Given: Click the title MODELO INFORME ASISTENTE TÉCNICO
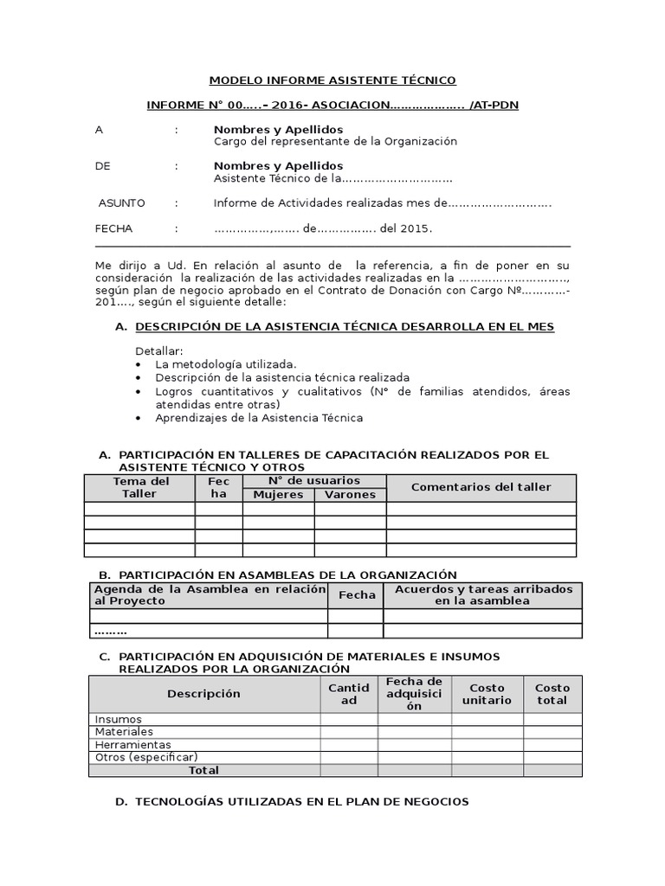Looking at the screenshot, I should [332, 80].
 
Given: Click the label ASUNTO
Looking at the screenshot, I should [121, 203].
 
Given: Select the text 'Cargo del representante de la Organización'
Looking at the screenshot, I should [335, 142].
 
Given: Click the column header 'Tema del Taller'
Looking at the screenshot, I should [139, 488].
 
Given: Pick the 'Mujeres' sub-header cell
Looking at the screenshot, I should [278, 495].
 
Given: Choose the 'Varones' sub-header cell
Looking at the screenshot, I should [350, 495].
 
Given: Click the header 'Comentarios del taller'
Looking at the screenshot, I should [481, 487].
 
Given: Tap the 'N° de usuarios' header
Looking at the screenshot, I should [313, 481].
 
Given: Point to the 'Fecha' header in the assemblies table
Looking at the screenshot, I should [357, 595].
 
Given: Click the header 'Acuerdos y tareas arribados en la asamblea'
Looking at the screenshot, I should [482, 595].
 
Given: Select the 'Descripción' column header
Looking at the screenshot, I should [204, 694].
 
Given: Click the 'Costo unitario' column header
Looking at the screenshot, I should [487, 694].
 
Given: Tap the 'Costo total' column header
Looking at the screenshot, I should [552, 694].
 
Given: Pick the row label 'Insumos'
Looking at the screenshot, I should [119, 720].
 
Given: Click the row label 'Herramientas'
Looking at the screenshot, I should [132, 745].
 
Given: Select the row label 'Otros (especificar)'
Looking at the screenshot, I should [146, 757].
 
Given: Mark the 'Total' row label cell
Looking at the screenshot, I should [204, 770].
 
